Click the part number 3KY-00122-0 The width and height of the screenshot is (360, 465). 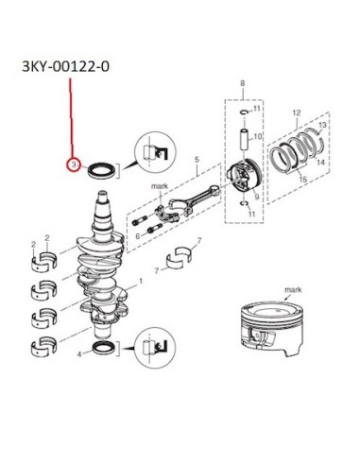point(66,67)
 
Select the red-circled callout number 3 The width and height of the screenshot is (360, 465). point(74,164)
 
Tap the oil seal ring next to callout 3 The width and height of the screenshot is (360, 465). point(101,171)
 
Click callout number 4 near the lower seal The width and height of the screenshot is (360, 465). point(79,354)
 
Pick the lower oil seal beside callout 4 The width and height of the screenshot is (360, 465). point(104,348)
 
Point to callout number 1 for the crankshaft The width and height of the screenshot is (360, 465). point(141,281)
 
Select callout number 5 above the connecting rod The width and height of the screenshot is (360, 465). point(197,160)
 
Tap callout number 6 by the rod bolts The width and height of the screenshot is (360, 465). point(138,236)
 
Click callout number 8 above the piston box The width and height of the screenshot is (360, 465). point(242,83)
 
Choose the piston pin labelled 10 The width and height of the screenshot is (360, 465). point(245,139)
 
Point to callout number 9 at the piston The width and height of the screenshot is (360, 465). point(257,197)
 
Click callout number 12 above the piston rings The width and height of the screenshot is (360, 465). point(297,112)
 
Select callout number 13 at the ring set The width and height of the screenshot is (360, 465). point(322,125)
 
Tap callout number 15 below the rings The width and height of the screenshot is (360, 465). point(303,180)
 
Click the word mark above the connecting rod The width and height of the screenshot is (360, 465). point(160,186)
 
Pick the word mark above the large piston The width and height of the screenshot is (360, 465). point(293,289)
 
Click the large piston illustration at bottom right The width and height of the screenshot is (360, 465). point(271,329)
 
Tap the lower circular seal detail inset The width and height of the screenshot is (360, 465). point(155,347)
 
